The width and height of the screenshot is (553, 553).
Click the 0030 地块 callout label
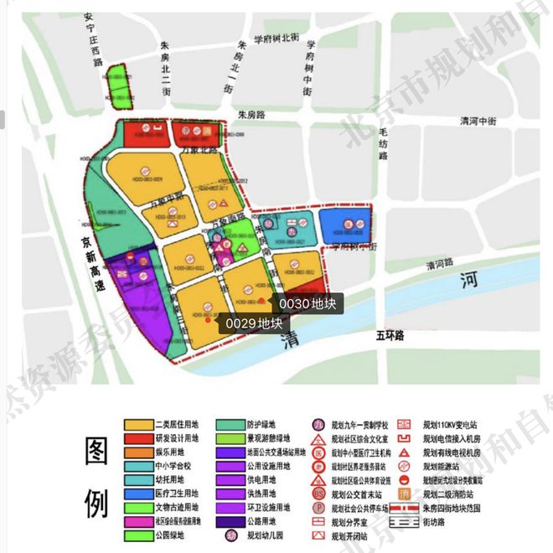tap(308, 303)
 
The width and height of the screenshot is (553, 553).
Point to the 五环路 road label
tap(390, 336)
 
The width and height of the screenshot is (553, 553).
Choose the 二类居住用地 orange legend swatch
tap(140, 426)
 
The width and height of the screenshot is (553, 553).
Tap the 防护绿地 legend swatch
tap(234, 426)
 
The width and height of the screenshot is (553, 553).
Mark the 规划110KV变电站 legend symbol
tap(411, 426)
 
